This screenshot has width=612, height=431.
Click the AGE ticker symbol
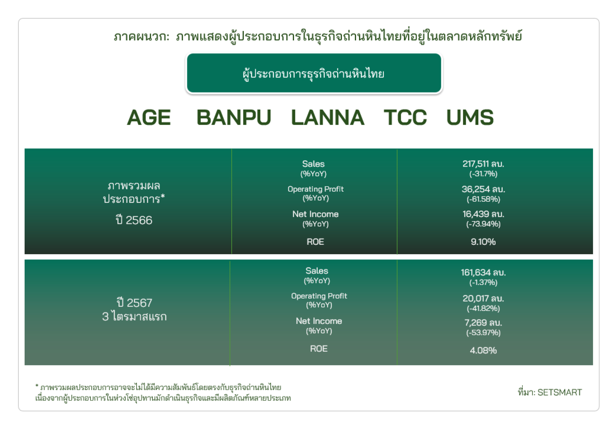[149, 118]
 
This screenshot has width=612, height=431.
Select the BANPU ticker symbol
[234, 118]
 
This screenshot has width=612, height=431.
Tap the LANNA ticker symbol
[328, 118]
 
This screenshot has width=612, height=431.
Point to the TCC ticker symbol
[405, 118]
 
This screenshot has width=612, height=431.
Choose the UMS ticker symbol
[470, 118]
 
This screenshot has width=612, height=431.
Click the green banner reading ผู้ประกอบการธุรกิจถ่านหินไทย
[314, 73]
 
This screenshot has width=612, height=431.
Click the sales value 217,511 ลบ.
[483, 164]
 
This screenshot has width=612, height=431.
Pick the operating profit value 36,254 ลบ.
[483, 189]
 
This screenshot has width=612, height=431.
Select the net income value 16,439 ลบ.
[483, 214]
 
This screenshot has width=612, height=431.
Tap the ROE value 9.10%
[483, 242]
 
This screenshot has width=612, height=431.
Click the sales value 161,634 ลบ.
[483, 273]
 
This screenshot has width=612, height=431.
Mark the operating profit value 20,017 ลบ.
[483, 298]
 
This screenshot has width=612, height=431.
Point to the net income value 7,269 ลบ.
[483, 323]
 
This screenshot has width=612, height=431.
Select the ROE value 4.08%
[483, 350]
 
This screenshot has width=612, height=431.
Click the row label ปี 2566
[134, 220]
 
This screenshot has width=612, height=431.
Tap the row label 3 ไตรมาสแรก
[134, 316]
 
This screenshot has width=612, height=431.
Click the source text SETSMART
[559, 392]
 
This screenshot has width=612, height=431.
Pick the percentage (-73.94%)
[483, 224]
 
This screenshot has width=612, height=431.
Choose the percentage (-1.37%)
[483, 282]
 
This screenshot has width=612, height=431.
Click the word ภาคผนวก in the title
[141, 37]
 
